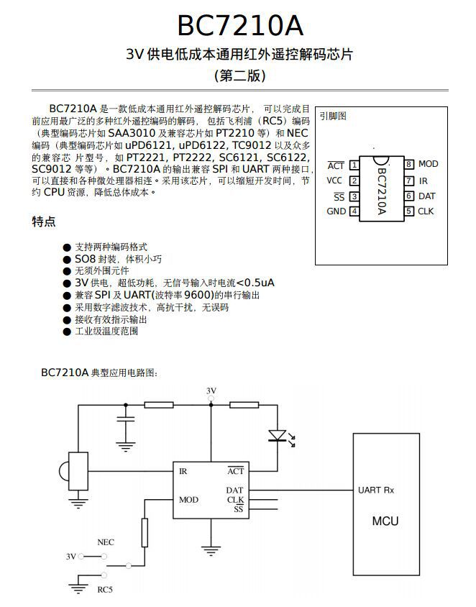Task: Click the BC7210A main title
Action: click(240, 26)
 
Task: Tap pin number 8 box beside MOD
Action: click(408, 164)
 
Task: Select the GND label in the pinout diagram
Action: click(336, 211)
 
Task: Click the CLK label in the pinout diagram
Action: click(426, 211)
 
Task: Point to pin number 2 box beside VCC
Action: click(354, 181)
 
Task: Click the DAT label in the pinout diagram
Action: click(426, 196)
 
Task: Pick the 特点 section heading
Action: click(44, 222)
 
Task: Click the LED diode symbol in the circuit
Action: click(278, 435)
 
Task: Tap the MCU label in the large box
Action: click(385, 521)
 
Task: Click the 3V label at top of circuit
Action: click(211, 391)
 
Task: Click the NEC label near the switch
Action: click(105, 542)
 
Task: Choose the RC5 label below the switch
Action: click(105, 590)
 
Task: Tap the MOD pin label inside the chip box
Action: click(188, 499)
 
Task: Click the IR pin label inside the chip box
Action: click(183, 471)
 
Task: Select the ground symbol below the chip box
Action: click(211, 550)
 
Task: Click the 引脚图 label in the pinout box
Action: click(333, 115)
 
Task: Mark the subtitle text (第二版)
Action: click(240, 76)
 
